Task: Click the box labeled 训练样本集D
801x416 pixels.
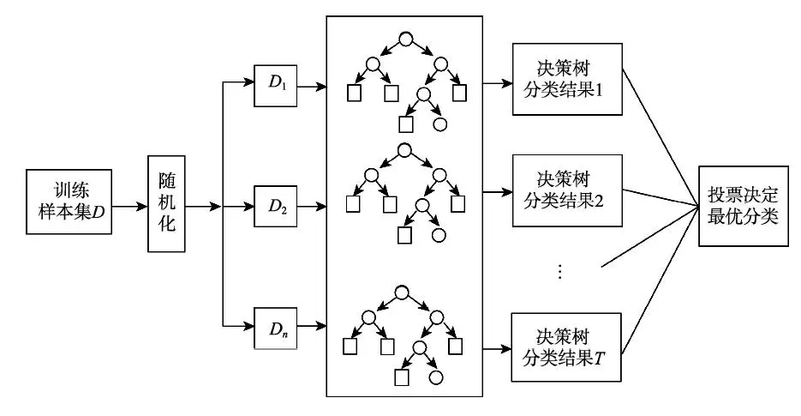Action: pos(73,206)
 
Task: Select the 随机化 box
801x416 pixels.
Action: pos(166,204)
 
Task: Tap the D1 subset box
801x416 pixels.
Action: pos(275,87)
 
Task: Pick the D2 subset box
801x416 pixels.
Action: pos(275,206)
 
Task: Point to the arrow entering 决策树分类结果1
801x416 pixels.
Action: pos(496,84)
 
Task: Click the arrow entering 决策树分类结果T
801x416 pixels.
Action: pos(496,347)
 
